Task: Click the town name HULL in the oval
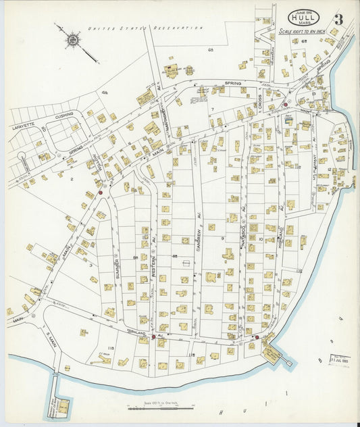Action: click(305, 18)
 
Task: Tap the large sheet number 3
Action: click(337, 18)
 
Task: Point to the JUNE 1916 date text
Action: click(305, 9)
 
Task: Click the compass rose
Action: click(72, 39)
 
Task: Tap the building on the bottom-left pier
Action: click(62, 407)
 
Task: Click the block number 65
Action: click(211, 50)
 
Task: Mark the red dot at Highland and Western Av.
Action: click(153, 336)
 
